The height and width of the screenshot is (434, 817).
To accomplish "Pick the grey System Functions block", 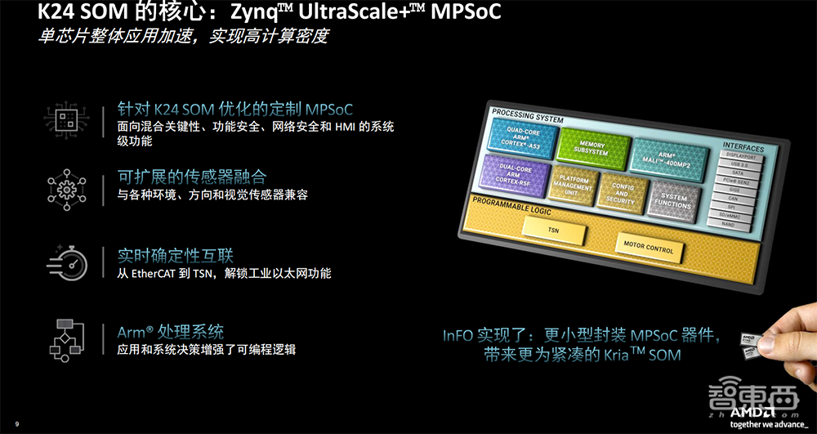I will [674, 197].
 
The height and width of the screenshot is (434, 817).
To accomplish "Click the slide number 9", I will [17, 423].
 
